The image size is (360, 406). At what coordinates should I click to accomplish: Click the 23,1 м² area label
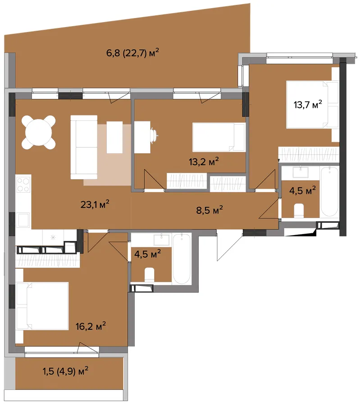tap(95, 204)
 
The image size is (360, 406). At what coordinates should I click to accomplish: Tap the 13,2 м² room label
tap(204, 161)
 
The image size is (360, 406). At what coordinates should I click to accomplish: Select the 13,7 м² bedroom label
tap(308, 104)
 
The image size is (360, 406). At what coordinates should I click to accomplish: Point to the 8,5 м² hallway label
tap(210, 210)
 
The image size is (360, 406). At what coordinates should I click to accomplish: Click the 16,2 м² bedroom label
tap(91, 326)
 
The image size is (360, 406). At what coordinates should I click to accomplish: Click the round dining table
tap(39, 132)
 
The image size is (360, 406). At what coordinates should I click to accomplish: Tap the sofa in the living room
tap(84, 147)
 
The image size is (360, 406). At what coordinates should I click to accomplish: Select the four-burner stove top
tap(23, 184)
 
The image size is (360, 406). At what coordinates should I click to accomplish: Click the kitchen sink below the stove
tap(23, 220)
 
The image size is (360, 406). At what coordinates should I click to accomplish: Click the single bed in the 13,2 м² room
tap(219, 137)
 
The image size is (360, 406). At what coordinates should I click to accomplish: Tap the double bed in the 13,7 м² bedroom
tap(312, 104)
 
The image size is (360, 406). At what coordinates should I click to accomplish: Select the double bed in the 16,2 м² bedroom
tap(42, 306)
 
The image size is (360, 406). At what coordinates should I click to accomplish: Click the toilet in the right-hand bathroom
tap(299, 210)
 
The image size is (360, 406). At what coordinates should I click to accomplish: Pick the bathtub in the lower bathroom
tap(182, 259)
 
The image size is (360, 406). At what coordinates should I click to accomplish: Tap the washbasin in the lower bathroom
tap(162, 240)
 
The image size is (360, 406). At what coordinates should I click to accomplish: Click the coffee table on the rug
tap(114, 137)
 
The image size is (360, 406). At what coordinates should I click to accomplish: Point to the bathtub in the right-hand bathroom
tap(329, 192)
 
